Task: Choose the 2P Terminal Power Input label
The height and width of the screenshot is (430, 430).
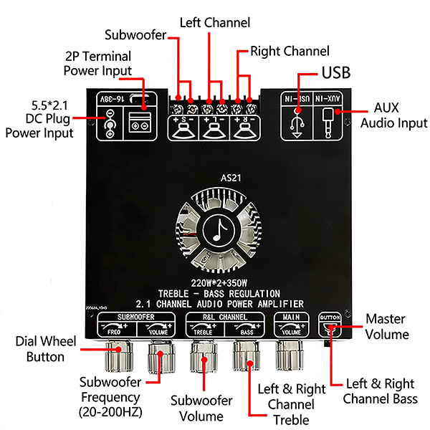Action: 98,63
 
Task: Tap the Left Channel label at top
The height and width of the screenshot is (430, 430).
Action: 215,23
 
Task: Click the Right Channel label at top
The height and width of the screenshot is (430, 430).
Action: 290,52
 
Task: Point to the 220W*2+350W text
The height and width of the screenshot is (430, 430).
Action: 215,282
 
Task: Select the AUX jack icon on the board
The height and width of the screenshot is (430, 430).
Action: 329,119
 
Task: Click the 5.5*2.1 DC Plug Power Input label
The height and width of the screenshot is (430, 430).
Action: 39,118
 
